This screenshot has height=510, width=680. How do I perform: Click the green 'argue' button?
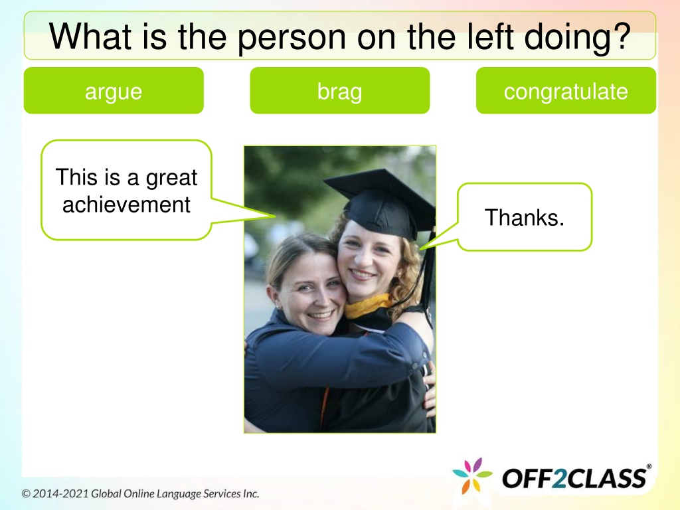pyautogui.click(x=114, y=90)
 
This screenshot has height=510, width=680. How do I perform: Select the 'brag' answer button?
pyautogui.click(x=339, y=90)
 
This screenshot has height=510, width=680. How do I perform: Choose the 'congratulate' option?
pyautogui.click(x=566, y=90)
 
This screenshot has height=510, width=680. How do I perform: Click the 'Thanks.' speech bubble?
pyautogui.click(x=525, y=217)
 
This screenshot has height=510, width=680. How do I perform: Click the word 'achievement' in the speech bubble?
pyautogui.click(x=126, y=205)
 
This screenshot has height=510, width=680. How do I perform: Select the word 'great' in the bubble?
pyautogui.click(x=171, y=178)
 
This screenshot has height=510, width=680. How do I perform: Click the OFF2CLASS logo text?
pyautogui.click(x=574, y=478)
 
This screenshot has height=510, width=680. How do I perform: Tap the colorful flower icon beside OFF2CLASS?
pyautogui.click(x=472, y=475)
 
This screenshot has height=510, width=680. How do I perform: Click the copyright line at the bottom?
pyautogui.click(x=141, y=493)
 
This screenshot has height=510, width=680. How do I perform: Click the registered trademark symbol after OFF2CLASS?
pyautogui.click(x=649, y=467)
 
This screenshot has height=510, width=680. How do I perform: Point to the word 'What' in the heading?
pyautogui.click(x=90, y=36)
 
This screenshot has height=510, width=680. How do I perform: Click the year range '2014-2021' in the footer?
pyautogui.click(x=60, y=493)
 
